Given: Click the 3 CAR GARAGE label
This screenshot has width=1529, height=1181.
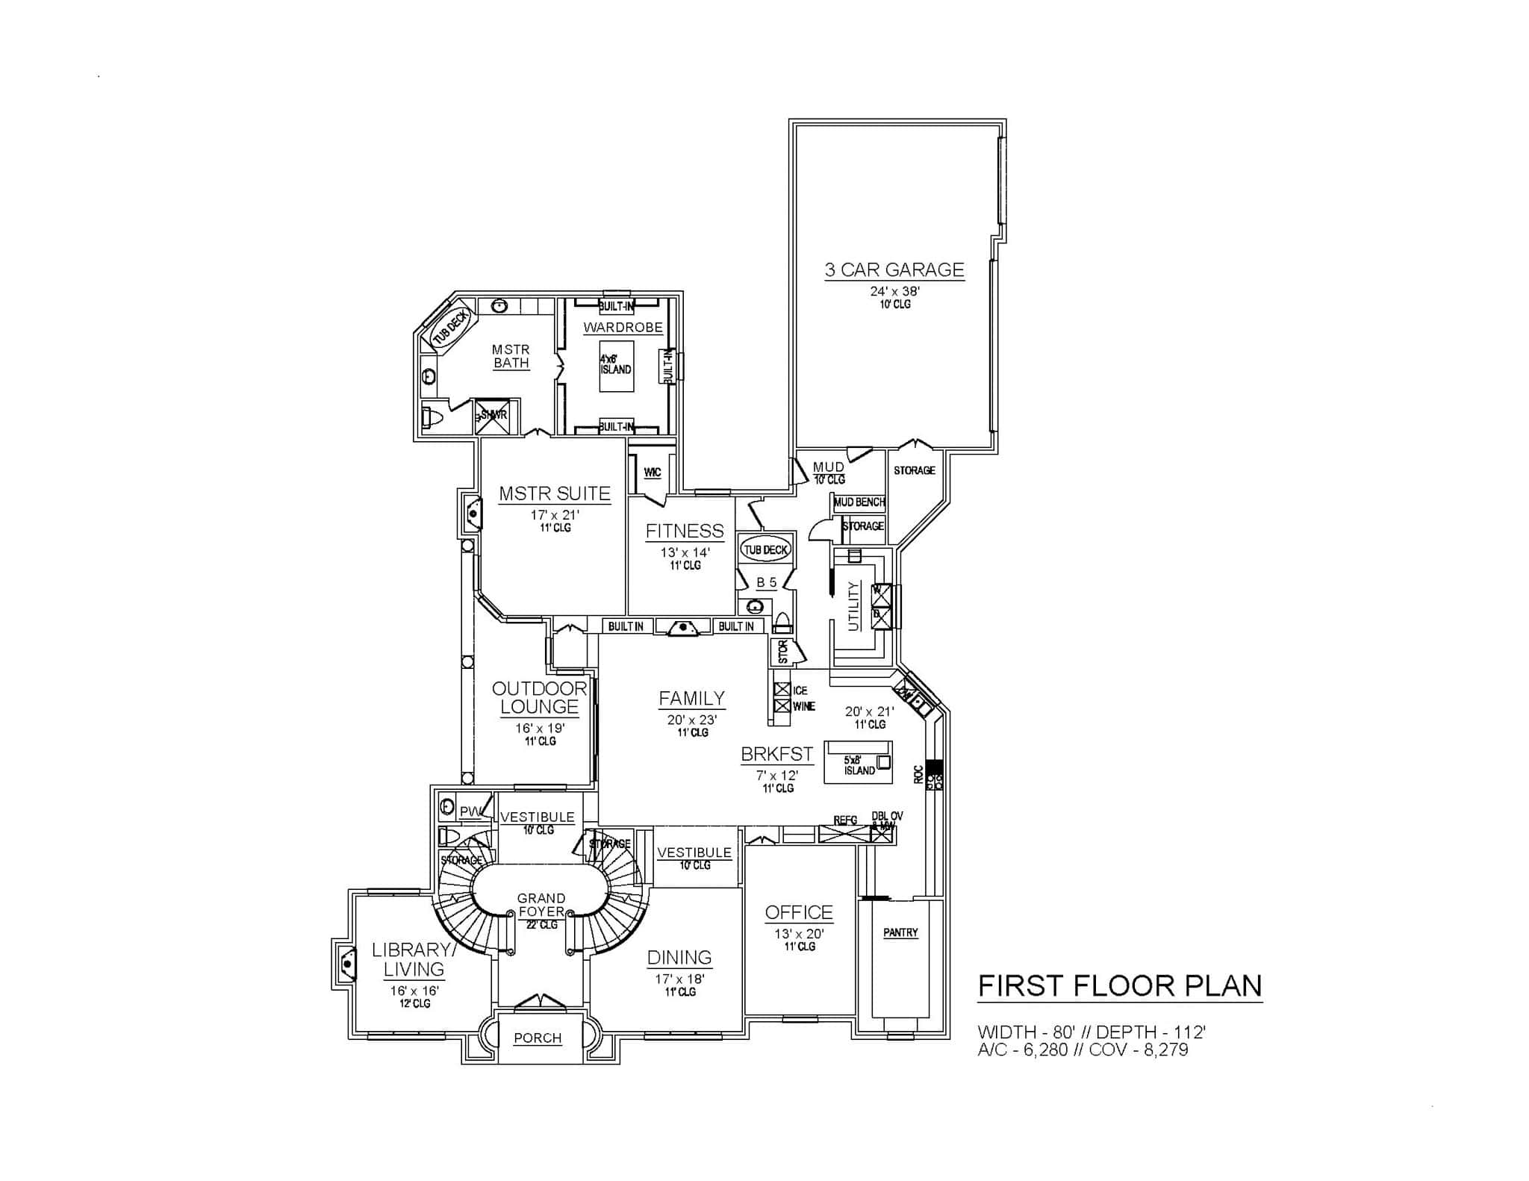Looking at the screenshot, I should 894,269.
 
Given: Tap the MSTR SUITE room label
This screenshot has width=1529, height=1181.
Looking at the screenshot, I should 555,493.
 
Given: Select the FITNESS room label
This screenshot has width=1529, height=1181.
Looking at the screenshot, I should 685,531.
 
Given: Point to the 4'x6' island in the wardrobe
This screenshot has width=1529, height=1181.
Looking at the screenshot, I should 616,365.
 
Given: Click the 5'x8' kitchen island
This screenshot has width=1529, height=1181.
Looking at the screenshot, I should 858,762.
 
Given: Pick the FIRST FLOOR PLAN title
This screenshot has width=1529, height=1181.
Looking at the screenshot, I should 1120,985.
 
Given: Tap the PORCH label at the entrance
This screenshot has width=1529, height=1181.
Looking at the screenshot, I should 538,1038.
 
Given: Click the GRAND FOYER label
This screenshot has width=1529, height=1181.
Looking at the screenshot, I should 541,905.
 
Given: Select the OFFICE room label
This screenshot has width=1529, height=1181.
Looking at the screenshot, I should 799,912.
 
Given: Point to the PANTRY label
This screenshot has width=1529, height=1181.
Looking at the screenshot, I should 900,932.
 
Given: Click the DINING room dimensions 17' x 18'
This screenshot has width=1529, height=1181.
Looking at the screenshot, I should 680,978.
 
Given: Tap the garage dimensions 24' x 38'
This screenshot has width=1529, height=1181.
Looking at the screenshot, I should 894,291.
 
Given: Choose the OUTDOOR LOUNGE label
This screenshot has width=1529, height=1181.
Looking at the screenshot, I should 539,697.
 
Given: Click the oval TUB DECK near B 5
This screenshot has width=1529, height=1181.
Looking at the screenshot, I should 766,550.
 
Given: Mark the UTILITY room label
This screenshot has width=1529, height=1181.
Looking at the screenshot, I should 854,605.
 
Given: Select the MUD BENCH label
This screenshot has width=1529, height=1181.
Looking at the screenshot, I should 859,502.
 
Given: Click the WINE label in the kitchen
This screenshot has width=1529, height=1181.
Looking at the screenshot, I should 804,706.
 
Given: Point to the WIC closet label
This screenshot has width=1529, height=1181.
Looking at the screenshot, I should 652,473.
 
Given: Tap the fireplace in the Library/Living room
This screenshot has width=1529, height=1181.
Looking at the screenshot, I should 346,962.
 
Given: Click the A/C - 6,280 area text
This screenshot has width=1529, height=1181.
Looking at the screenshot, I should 1023,1050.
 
